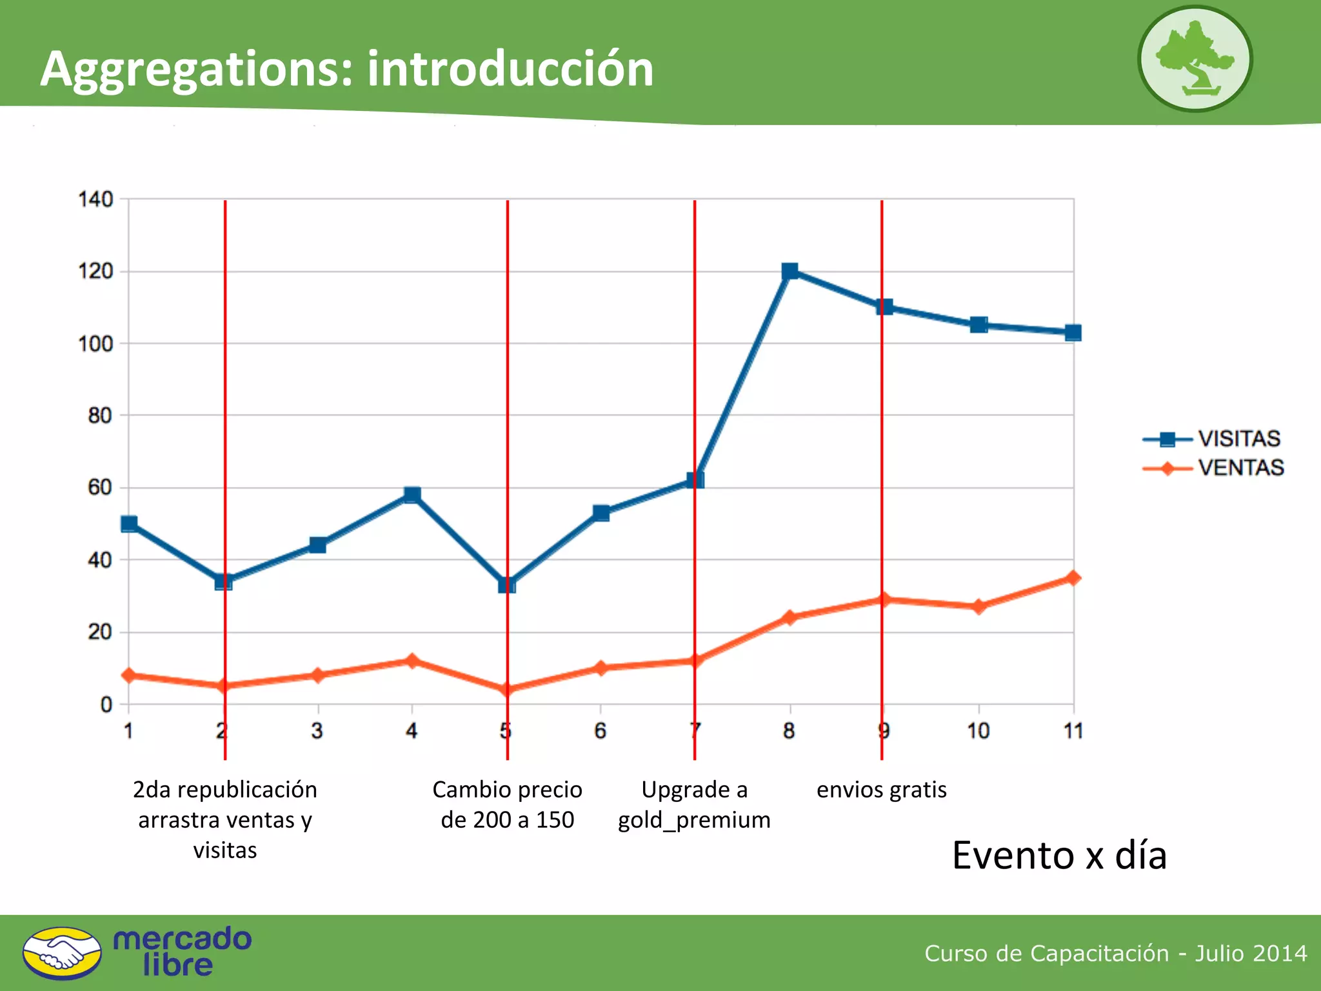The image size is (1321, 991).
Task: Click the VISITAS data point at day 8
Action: [790, 271]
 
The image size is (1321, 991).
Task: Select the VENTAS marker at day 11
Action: [1073, 578]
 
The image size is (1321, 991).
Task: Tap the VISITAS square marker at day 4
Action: [412, 495]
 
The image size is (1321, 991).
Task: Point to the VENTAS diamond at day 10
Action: [978, 606]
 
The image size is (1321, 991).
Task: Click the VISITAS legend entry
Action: [1212, 439]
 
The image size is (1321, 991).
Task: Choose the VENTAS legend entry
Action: [1213, 468]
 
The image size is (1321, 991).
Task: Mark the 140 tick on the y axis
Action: [95, 199]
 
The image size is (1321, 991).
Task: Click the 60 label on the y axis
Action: [99, 488]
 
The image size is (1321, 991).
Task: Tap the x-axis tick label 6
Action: [600, 731]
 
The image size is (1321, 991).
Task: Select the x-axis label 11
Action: [1073, 731]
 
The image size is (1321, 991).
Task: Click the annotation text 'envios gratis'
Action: [881, 790]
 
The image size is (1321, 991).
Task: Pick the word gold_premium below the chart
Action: [694, 820]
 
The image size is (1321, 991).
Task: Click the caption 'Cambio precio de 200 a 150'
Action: [507, 805]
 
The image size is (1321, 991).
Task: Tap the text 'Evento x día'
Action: [1059, 856]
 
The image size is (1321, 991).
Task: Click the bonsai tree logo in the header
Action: [1195, 59]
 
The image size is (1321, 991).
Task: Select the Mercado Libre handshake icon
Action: [62, 953]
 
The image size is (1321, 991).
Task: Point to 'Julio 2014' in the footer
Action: [1251, 953]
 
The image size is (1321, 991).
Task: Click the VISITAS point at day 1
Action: [129, 524]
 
